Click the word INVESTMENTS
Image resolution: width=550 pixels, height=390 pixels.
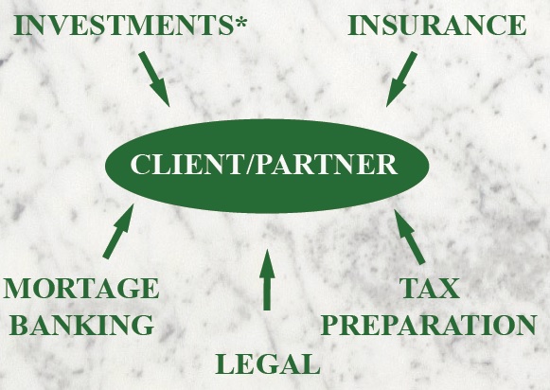point(123,26)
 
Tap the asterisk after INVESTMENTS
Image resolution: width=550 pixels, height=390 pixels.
point(240,22)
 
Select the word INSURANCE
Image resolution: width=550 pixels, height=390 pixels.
point(437,26)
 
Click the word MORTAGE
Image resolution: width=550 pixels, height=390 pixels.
point(81,288)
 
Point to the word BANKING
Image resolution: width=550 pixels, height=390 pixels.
point(82,325)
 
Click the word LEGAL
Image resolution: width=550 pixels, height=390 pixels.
point(268,363)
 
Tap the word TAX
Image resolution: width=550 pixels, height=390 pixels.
point(430,288)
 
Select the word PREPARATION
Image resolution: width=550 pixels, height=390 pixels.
point(429,325)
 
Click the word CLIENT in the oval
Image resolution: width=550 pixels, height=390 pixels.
point(186,164)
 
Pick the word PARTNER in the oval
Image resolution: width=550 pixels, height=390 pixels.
point(327,164)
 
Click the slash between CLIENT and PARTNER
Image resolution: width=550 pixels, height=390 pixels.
point(249,164)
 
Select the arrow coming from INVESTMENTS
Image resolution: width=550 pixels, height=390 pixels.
point(154,80)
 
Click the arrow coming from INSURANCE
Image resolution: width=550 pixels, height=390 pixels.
point(401,80)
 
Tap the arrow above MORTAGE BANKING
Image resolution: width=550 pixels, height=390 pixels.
point(118,232)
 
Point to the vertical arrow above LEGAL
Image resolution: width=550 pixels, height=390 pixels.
point(267,280)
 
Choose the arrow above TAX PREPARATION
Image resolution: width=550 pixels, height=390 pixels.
point(410,237)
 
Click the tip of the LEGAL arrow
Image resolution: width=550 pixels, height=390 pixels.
point(267,249)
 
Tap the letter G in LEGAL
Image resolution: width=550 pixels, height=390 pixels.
point(267,364)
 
